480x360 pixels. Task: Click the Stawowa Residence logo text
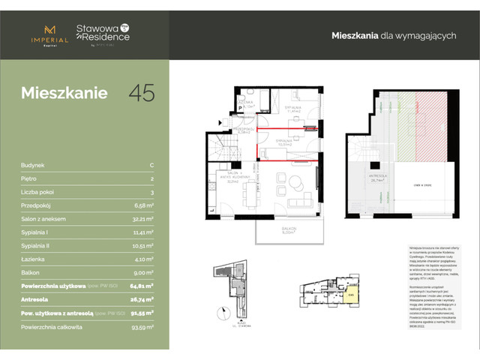click(103, 34)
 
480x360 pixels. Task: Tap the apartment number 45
click(142, 93)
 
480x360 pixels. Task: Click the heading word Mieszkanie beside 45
click(64, 94)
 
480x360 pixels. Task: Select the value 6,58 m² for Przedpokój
click(142, 203)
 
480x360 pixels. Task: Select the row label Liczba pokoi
click(37, 190)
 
